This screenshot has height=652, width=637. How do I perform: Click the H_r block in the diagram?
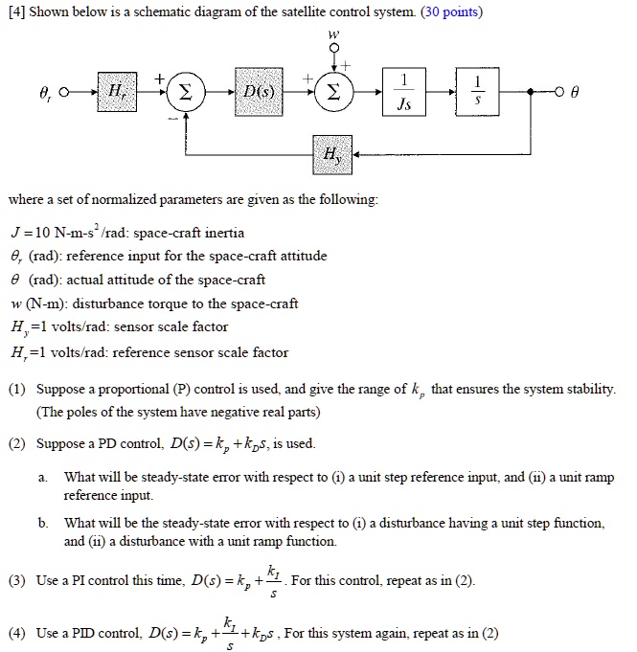[x=116, y=92]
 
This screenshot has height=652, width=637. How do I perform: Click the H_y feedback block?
[x=332, y=153]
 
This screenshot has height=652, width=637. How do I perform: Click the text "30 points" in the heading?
[x=450, y=12]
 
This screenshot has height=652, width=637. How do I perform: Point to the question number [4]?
[x=15, y=12]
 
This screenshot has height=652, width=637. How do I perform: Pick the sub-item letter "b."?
[x=45, y=523]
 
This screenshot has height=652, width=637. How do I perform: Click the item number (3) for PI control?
[x=17, y=582]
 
